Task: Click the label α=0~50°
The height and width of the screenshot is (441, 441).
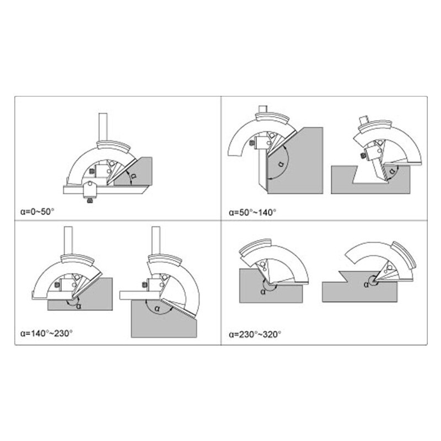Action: (37, 211)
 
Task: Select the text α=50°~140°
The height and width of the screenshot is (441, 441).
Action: (252, 212)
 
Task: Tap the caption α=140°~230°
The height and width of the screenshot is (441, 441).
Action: (46, 334)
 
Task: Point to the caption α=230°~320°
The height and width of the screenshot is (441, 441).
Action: (255, 335)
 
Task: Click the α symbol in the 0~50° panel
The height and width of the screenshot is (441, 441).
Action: (134, 176)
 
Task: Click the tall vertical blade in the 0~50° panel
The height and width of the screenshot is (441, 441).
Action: (103, 127)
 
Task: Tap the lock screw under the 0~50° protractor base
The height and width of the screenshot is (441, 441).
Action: (90, 201)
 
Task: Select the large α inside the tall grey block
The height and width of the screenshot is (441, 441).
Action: (281, 163)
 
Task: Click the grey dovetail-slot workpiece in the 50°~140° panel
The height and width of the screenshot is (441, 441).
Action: (370, 180)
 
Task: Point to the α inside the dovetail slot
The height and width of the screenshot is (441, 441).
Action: (392, 171)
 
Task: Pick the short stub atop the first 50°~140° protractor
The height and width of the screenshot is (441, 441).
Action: (263, 109)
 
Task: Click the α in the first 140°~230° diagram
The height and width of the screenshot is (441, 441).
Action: (78, 306)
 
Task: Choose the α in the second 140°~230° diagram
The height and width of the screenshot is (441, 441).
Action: (157, 309)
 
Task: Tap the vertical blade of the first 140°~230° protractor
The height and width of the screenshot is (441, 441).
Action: (68, 240)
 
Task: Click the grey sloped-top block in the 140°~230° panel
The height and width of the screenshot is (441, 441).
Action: (164, 319)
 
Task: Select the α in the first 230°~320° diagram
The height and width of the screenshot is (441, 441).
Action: (263, 292)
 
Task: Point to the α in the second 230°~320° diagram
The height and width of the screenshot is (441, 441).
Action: (366, 284)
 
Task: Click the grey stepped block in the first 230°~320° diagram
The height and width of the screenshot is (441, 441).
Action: (271, 286)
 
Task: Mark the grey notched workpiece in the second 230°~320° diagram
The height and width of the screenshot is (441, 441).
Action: (360, 287)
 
